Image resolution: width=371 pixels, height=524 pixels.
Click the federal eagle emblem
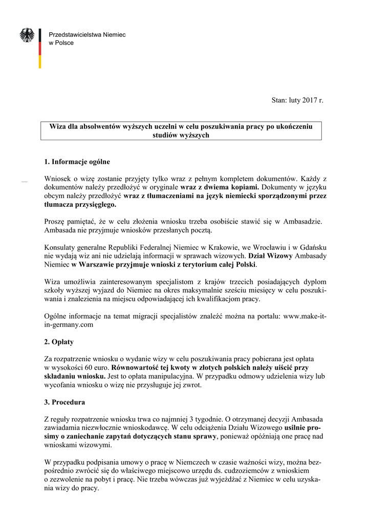27,35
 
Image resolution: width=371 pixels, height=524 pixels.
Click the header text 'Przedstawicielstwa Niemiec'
86,34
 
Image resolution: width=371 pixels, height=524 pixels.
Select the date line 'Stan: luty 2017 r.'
297,101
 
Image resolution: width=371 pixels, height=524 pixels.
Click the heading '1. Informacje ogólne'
77,162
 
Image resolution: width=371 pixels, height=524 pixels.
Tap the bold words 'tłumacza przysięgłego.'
81,204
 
